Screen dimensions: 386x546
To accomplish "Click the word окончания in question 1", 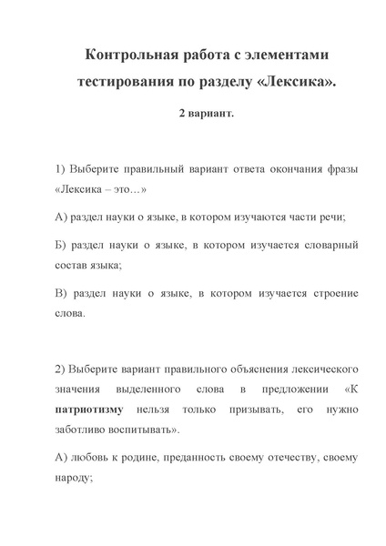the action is pos(279,172).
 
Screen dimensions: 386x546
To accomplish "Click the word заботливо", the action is pos(83,428).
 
